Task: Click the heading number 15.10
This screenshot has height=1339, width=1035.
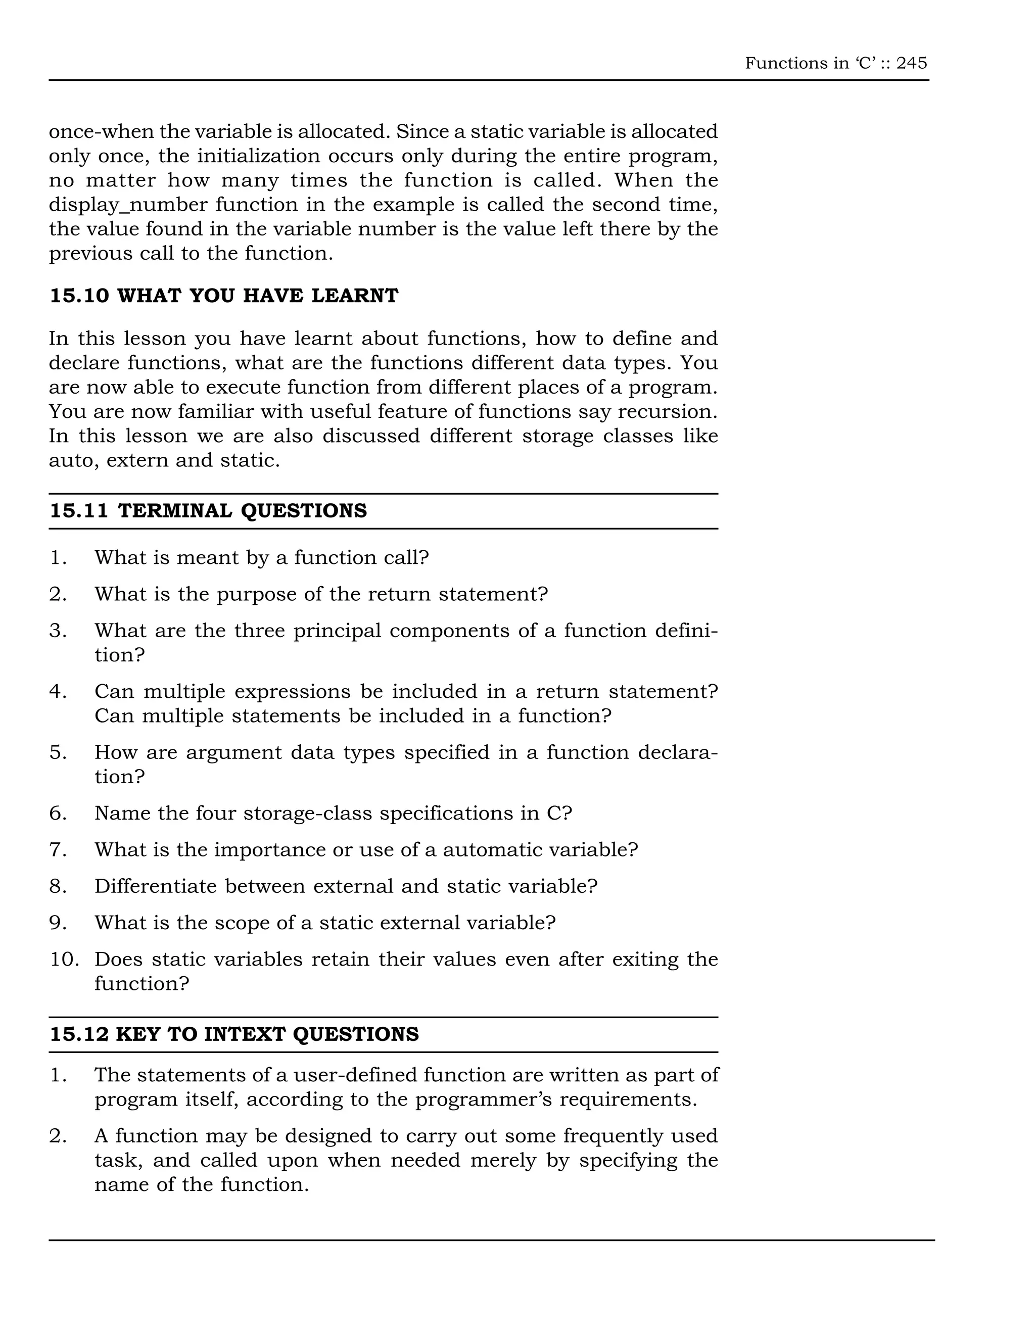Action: [x=79, y=296]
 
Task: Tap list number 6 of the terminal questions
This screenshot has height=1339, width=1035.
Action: [x=58, y=813]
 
